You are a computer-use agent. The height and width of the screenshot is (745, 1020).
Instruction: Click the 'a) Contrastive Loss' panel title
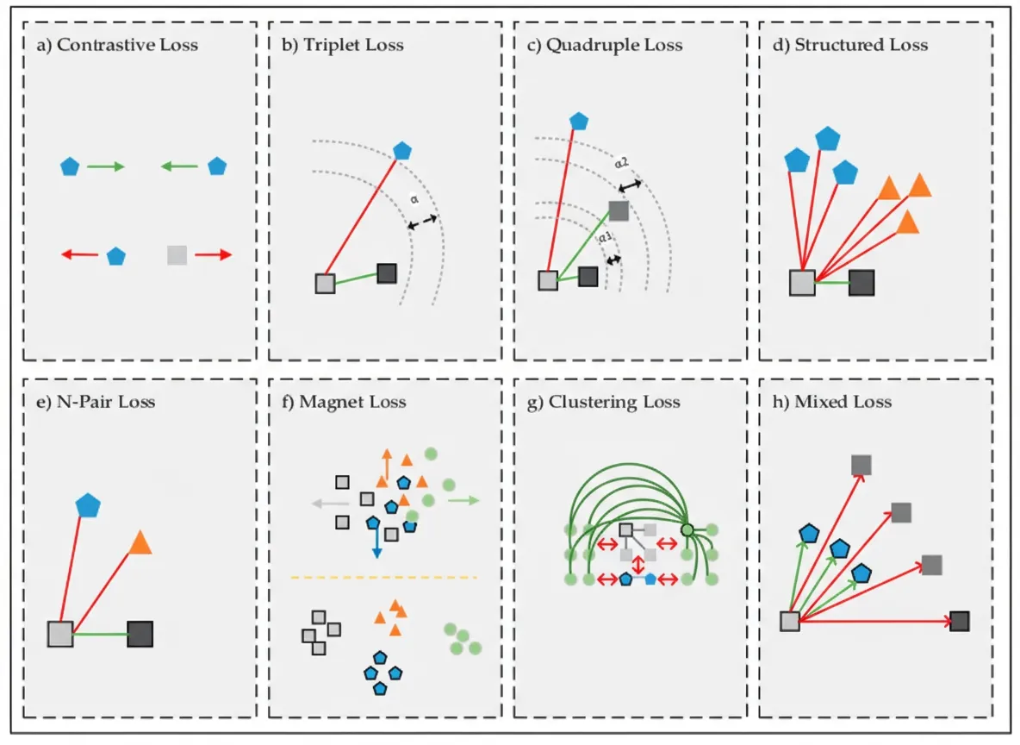click(x=117, y=45)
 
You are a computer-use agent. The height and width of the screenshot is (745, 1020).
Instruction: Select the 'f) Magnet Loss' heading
click(x=344, y=402)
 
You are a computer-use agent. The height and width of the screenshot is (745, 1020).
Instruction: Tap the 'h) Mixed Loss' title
click(x=832, y=402)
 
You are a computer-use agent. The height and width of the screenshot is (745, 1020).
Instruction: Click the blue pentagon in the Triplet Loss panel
click(x=402, y=150)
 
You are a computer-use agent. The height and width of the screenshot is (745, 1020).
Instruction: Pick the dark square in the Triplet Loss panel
click(x=387, y=272)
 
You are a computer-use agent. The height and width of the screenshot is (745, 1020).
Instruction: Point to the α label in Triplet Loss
click(x=414, y=199)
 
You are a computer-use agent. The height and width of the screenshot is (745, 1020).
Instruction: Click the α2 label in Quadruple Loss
click(x=622, y=162)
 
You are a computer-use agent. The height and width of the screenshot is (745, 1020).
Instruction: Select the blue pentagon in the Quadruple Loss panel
click(x=579, y=121)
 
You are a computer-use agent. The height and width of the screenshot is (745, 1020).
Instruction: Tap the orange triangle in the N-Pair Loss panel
click(x=140, y=542)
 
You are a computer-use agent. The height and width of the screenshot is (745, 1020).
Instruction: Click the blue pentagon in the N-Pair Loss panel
click(x=88, y=505)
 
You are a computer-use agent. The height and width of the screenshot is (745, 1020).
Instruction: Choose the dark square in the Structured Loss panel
click(x=861, y=283)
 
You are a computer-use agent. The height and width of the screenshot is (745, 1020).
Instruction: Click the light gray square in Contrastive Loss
click(x=177, y=255)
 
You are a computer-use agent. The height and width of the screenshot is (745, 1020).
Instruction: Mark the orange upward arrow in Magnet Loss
click(x=387, y=464)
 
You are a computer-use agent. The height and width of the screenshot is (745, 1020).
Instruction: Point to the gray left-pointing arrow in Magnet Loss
click(x=331, y=504)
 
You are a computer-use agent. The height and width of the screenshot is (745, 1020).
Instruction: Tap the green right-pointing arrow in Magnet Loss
click(x=463, y=500)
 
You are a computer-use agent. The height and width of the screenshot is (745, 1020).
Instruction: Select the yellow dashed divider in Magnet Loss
click(x=384, y=578)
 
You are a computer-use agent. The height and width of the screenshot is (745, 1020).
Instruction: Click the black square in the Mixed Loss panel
click(x=960, y=622)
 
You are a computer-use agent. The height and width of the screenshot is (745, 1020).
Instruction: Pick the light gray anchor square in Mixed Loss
click(x=790, y=622)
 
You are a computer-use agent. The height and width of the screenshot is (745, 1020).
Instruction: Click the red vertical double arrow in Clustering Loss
click(x=638, y=564)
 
